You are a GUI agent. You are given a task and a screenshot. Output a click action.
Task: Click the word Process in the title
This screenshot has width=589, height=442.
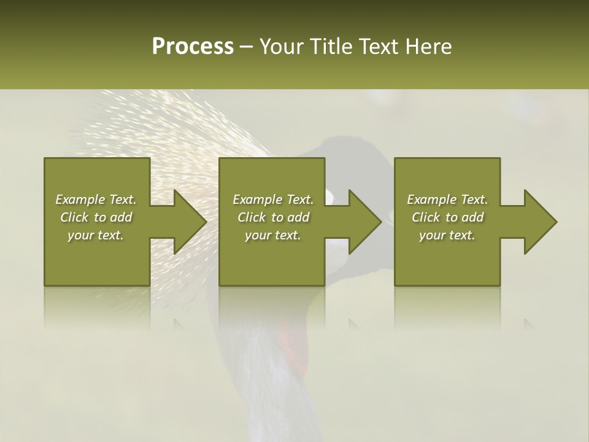[x=193, y=47]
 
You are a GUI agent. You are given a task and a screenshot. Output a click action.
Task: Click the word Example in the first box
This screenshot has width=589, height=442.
[x=80, y=200]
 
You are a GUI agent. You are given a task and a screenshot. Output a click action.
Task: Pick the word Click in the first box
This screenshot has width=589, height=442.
[x=74, y=217]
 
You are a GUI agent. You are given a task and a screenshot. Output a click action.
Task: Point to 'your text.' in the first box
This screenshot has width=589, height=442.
[x=96, y=235]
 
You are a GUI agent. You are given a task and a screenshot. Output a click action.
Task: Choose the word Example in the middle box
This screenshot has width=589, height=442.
[x=257, y=200]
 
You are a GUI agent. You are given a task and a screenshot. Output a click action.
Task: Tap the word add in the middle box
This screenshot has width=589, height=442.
[x=298, y=217]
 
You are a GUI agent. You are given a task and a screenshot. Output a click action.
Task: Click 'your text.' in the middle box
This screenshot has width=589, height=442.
[x=272, y=235]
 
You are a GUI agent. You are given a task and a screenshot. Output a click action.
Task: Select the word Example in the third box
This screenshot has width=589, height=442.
[x=431, y=200]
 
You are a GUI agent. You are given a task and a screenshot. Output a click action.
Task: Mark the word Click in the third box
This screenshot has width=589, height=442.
[x=426, y=217]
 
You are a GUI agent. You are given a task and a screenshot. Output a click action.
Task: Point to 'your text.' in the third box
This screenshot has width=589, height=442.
[x=447, y=235]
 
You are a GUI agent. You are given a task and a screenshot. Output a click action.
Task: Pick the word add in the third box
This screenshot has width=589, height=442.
[x=472, y=217]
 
